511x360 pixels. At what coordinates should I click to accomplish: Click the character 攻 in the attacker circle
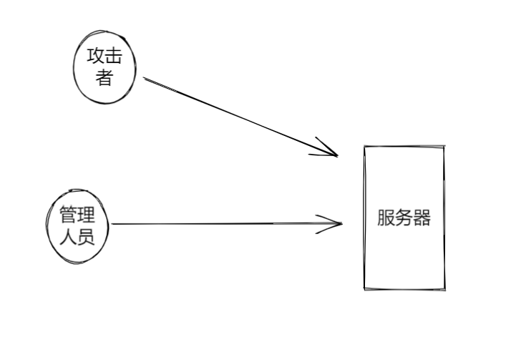point(96,57)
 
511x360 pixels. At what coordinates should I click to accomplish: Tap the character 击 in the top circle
point(113,57)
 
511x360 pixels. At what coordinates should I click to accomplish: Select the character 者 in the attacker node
point(104,78)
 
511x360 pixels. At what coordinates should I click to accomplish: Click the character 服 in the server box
point(386,218)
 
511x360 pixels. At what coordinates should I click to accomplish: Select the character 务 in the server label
point(404,218)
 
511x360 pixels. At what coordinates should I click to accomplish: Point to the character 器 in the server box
point(422,218)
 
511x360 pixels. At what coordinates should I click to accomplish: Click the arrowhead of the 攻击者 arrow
point(336,155)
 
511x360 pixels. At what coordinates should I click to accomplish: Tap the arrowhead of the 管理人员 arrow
point(341,224)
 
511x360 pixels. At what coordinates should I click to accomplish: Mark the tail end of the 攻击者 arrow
point(144,78)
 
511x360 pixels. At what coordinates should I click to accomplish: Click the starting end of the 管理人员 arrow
point(113,224)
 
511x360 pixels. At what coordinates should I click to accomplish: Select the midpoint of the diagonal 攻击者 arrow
point(240,117)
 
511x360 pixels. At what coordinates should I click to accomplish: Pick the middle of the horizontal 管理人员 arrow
point(228,224)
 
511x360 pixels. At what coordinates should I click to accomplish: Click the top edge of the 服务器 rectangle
point(404,147)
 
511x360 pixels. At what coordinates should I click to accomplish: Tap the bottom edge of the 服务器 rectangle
point(404,289)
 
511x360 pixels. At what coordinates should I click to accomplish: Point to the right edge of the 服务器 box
point(444,218)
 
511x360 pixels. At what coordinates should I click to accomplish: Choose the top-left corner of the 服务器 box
point(364,147)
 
